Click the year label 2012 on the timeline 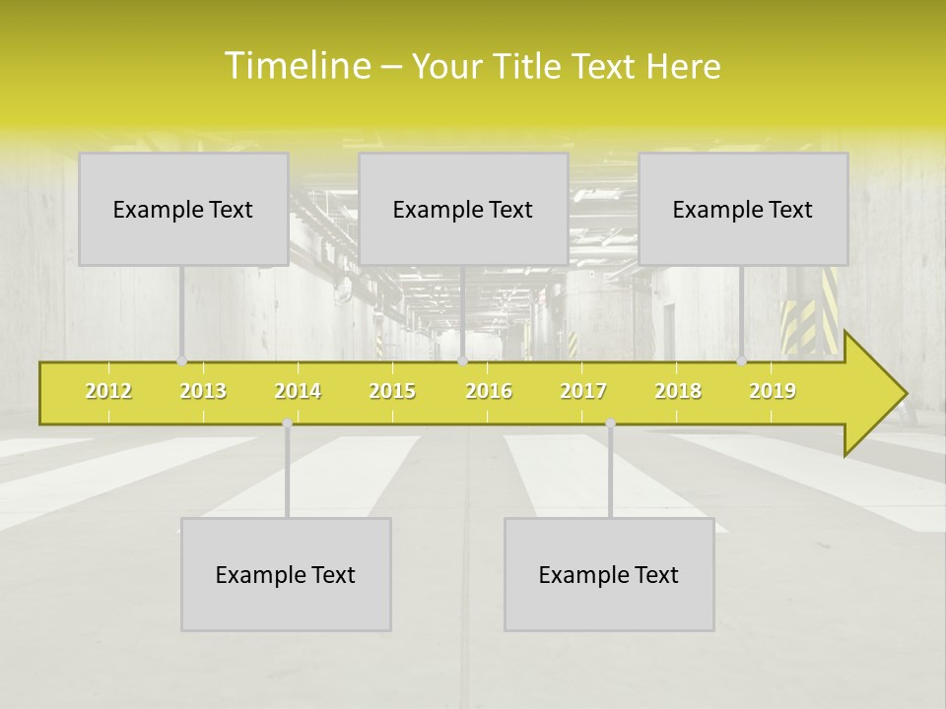(108, 391)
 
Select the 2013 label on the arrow (203, 391)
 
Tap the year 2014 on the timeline (298, 391)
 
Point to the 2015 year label (392, 391)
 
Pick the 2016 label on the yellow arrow (489, 391)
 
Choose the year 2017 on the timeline (583, 391)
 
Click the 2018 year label (678, 391)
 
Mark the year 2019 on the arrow (773, 391)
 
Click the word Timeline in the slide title (297, 66)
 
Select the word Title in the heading (527, 67)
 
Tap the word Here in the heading (683, 67)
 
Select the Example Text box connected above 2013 (183, 209)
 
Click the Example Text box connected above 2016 (463, 209)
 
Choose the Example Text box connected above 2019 (743, 209)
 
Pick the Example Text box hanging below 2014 (286, 574)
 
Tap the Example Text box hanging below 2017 (609, 574)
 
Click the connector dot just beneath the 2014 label (287, 423)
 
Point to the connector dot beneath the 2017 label (610, 423)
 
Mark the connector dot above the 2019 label (742, 361)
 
